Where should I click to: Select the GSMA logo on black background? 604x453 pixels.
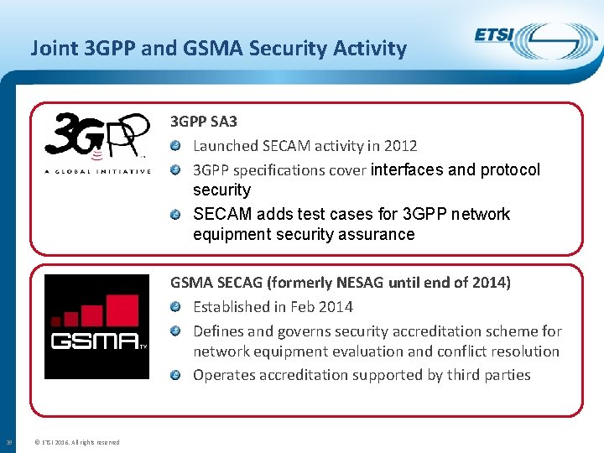96,327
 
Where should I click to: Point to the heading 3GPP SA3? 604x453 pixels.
204,122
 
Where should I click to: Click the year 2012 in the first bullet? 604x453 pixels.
400,146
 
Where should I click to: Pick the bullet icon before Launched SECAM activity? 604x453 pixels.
175,146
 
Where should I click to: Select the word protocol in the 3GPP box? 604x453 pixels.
510,170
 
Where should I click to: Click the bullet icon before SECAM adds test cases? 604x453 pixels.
175,215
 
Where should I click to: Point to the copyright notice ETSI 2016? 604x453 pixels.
76,442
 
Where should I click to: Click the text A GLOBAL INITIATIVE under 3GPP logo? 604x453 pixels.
97,172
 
